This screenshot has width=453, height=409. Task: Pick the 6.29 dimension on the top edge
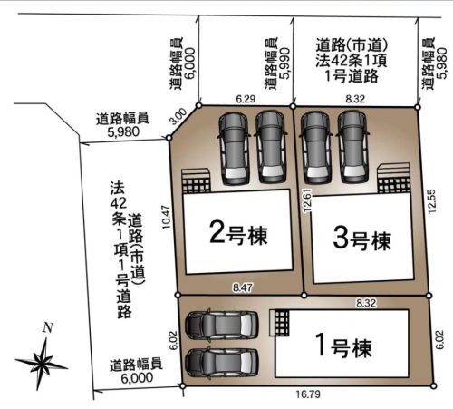coord(245,96)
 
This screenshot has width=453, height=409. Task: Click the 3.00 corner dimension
coord(178,115)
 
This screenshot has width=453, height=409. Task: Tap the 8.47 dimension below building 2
coord(241,287)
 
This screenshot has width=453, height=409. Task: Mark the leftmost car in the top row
coord(232,146)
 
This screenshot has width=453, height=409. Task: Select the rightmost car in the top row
coord(351,146)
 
